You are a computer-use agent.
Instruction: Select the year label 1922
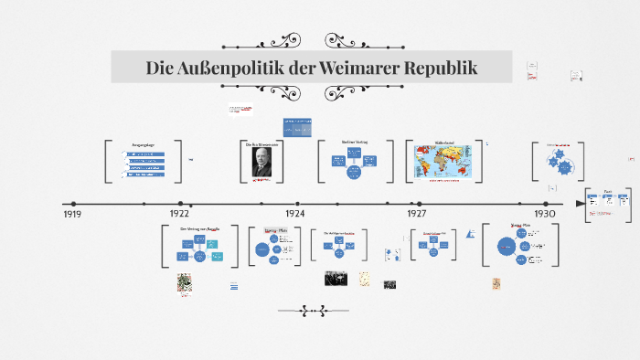tap(179, 213)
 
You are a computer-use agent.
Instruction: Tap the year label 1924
tap(293, 213)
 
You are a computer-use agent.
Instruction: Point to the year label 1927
tap(416, 213)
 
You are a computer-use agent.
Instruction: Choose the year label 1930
tap(546, 213)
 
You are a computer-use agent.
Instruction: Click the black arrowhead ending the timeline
tap(580, 203)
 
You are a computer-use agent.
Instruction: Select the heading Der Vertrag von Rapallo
tap(199, 228)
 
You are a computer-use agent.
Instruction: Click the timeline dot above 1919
tap(73, 203)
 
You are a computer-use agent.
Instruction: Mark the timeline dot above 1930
tap(547, 203)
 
